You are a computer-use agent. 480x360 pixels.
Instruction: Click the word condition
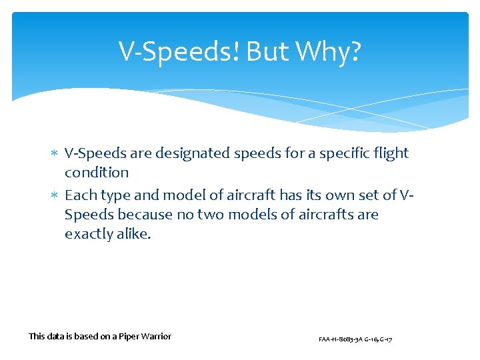click(97, 173)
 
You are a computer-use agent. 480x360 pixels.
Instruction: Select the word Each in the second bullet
click(79, 195)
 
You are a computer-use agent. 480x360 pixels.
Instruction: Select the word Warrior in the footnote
click(157, 337)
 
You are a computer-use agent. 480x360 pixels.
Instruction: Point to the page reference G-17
click(385, 339)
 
